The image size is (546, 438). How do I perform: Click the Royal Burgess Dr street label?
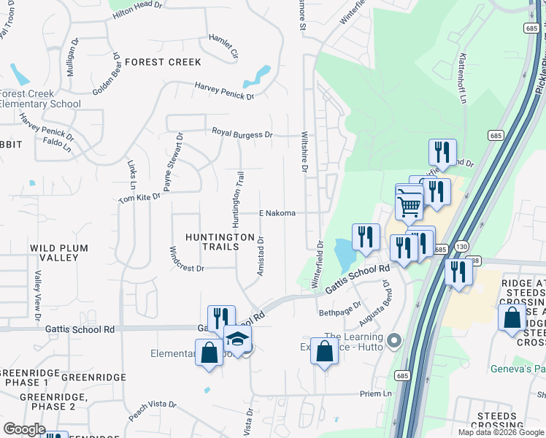242,134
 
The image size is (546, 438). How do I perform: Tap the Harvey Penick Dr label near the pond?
224,91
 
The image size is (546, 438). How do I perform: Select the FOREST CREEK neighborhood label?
162,62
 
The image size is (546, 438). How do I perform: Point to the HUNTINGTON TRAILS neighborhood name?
212,242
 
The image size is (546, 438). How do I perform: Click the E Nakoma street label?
277,213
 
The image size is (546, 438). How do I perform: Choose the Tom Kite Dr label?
139,199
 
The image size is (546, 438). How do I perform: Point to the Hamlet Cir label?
223,45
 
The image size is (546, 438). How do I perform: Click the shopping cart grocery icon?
409,204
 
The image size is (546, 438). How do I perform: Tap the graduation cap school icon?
237,341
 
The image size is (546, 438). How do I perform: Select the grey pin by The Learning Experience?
395,340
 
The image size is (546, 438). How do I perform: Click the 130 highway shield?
462,247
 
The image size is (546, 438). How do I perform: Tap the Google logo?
24,429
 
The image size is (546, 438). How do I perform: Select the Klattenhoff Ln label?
463,78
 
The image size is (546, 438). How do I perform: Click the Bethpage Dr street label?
340,309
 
